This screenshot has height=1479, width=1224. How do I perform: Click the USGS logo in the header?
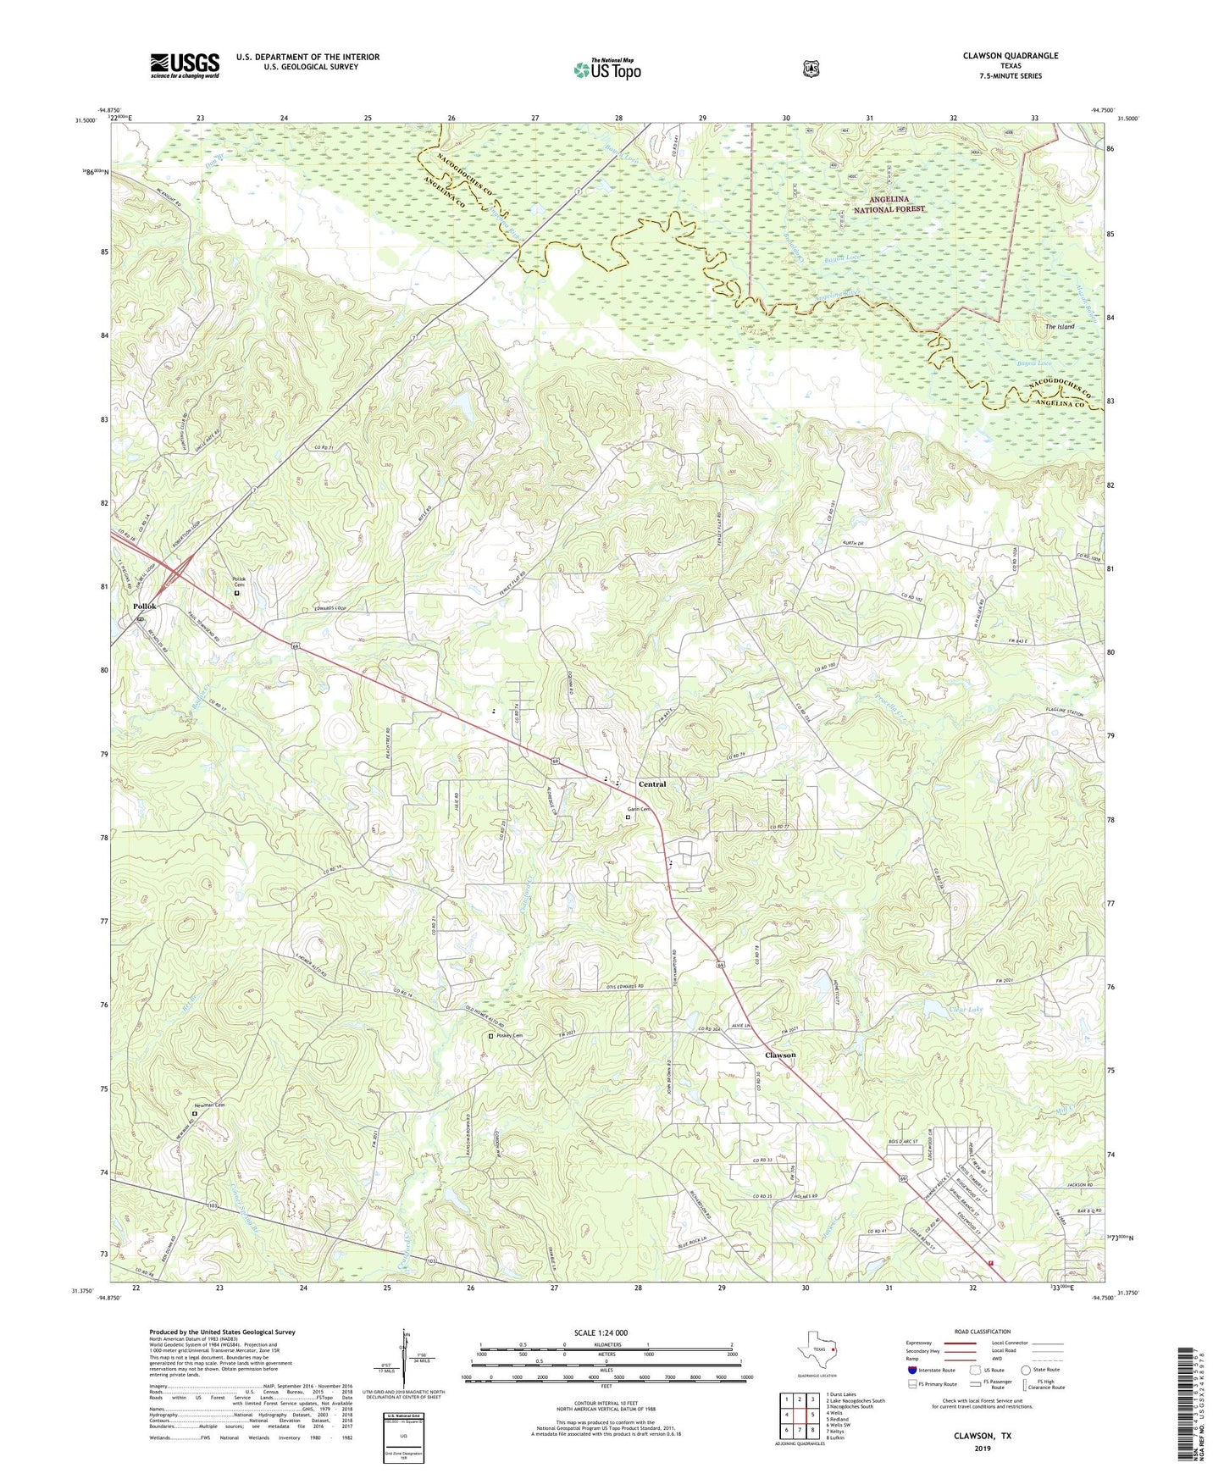click(x=185, y=65)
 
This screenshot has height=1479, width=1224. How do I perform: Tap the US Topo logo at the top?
click(x=606, y=69)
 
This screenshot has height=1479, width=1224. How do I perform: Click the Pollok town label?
click(x=144, y=607)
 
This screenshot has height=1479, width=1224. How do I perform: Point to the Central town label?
click(x=652, y=784)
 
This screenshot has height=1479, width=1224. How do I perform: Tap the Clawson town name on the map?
click(x=780, y=1055)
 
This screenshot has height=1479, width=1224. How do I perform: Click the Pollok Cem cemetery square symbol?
click(x=237, y=594)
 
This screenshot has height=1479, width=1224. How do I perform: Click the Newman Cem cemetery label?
click(x=209, y=1105)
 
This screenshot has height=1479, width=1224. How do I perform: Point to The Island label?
click(x=1059, y=326)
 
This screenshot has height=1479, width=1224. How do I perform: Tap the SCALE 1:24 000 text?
click(x=601, y=1333)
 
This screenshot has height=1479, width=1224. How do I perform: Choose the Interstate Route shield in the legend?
click(x=912, y=1370)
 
